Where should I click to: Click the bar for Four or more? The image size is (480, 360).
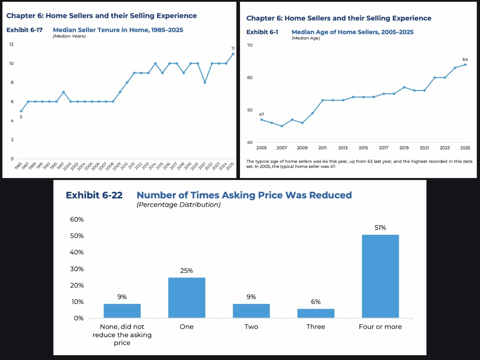[x=380, y=276]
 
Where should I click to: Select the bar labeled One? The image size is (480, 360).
[x=186, y=298]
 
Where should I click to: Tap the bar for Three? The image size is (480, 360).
[x=316, y=313]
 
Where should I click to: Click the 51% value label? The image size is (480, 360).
[x=380, y=228]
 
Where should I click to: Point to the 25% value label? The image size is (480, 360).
[x=186, y=271]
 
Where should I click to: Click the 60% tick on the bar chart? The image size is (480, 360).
[x=77, y=220]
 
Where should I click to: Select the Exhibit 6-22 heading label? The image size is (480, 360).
[x=94, y=195]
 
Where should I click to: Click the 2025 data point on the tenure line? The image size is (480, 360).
[x=233, y=54]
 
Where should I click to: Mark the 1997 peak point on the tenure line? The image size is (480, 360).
[x=63, y=92]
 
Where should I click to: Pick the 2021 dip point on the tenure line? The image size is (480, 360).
[x=205, y=82]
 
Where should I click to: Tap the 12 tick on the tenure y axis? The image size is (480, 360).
[x=12, y=44]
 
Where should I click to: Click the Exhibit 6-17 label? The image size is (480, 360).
[x=24, y=30]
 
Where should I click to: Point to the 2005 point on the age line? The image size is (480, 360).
[x=262, y=120]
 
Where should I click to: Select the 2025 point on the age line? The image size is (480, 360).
[x=465, y=64]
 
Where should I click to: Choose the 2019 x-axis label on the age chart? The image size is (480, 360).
[x=404, y=148]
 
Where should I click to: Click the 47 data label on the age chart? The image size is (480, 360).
[x=262, y=114]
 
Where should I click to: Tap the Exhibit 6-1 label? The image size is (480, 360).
[x=262, y=32]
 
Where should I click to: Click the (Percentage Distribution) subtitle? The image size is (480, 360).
[x=178, y=205]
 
